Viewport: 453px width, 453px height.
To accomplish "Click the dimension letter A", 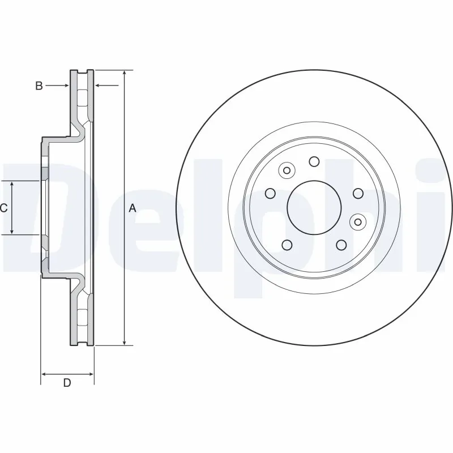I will tap(133, 208).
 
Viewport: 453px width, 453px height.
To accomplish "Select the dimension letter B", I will tap(39, 86).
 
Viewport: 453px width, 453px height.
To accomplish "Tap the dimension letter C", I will tap(3, 208).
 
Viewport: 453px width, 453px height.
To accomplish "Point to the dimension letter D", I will tap(67, 383).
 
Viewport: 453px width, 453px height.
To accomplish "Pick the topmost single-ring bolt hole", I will tap(314, 162).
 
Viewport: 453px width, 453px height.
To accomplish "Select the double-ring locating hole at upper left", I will tap(287, 170).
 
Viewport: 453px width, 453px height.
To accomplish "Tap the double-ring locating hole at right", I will tap(357, 221).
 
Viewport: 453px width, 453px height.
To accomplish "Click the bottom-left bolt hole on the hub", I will tap(287, 245).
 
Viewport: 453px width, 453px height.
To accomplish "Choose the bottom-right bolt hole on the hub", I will tap(341, 245).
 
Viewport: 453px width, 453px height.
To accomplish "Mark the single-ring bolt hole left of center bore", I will tap(270, 193).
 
